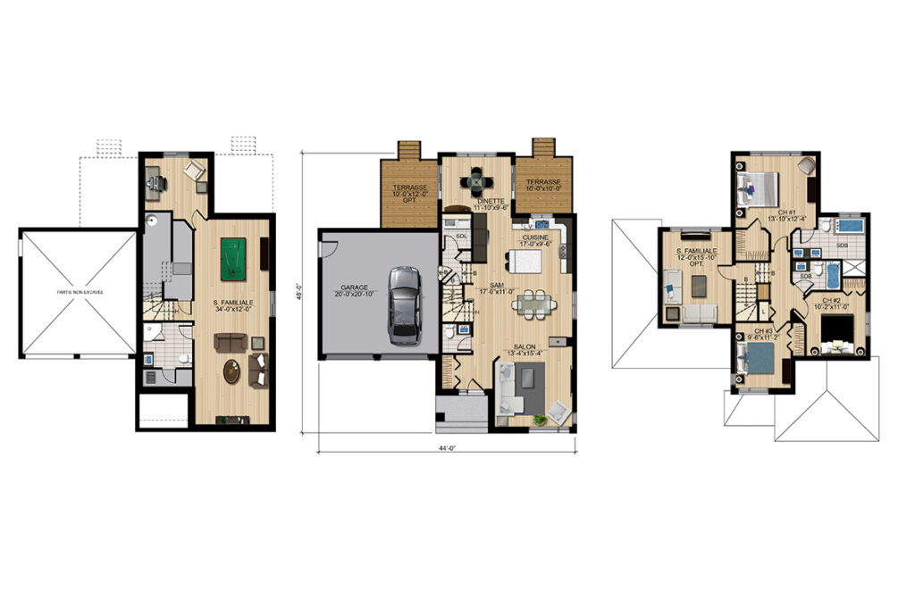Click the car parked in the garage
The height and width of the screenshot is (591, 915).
point(404,304)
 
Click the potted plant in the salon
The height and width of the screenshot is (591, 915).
point(539,420)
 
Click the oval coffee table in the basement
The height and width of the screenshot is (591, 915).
point(231,370)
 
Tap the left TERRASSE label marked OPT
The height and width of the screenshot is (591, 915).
point(410,187)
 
